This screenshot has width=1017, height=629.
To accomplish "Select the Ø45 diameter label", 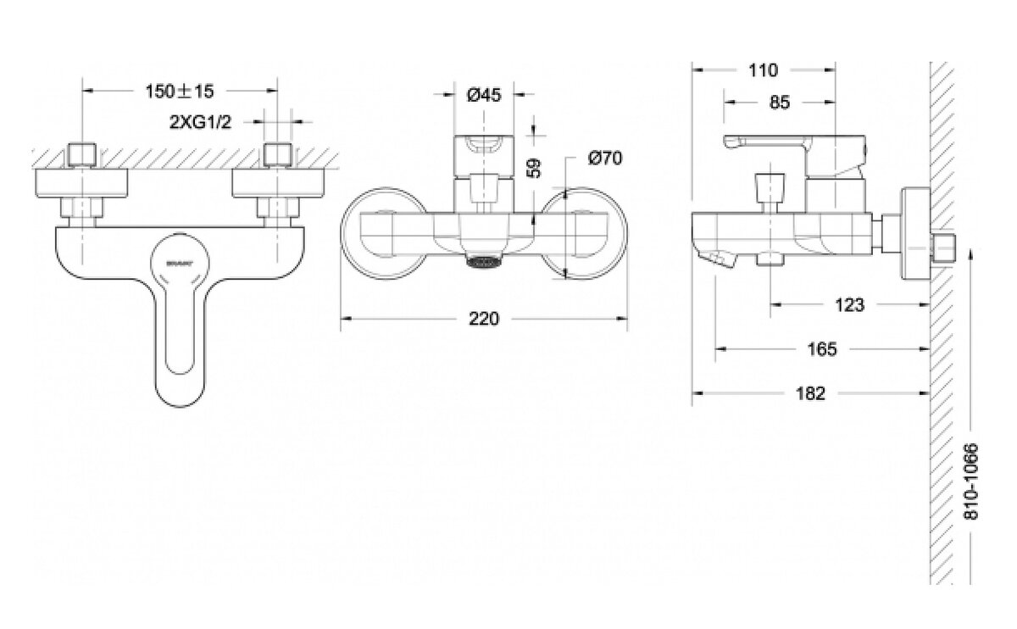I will pos(485,94).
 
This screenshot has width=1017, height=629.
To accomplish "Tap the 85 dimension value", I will pos(780,102).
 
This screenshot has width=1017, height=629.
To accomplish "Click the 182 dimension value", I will pos(812,393).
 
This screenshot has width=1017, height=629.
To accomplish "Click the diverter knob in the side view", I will pos(768,184).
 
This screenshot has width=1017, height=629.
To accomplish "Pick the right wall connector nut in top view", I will pos(277,154).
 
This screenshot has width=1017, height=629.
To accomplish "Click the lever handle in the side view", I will pos(763,142).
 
